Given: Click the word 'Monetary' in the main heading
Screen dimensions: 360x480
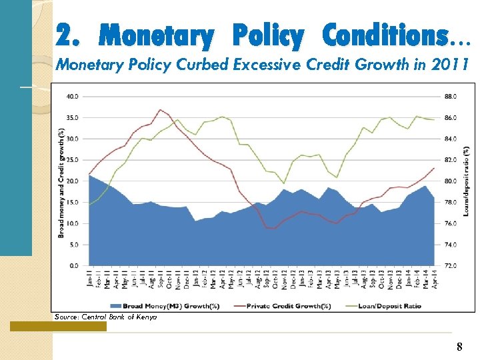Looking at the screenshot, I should click(x=156, y=35).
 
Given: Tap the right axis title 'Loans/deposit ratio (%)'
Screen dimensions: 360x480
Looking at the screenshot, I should click(x=466, y=181).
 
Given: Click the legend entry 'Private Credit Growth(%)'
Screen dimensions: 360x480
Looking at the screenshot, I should click(x=289, y=306).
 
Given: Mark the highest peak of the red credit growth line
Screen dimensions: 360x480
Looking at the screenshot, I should click(x=160, y=109).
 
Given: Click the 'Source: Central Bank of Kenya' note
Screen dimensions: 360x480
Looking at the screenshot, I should click(x=106, y=317).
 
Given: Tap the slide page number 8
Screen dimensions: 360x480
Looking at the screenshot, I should click(x=459, y=347).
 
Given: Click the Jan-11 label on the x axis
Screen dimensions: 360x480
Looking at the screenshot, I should click(x=89, y=279).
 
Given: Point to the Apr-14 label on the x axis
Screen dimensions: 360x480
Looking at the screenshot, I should click(x=435, y=279).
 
